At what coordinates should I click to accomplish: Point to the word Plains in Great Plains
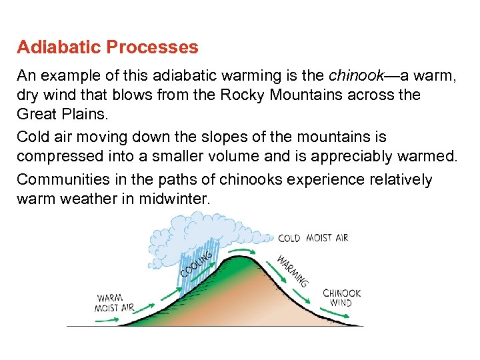click(85, 114)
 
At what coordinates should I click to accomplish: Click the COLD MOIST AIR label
click(313, 238)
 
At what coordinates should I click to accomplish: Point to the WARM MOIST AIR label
click(115, 303)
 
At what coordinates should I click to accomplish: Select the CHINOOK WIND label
click(341, 298)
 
